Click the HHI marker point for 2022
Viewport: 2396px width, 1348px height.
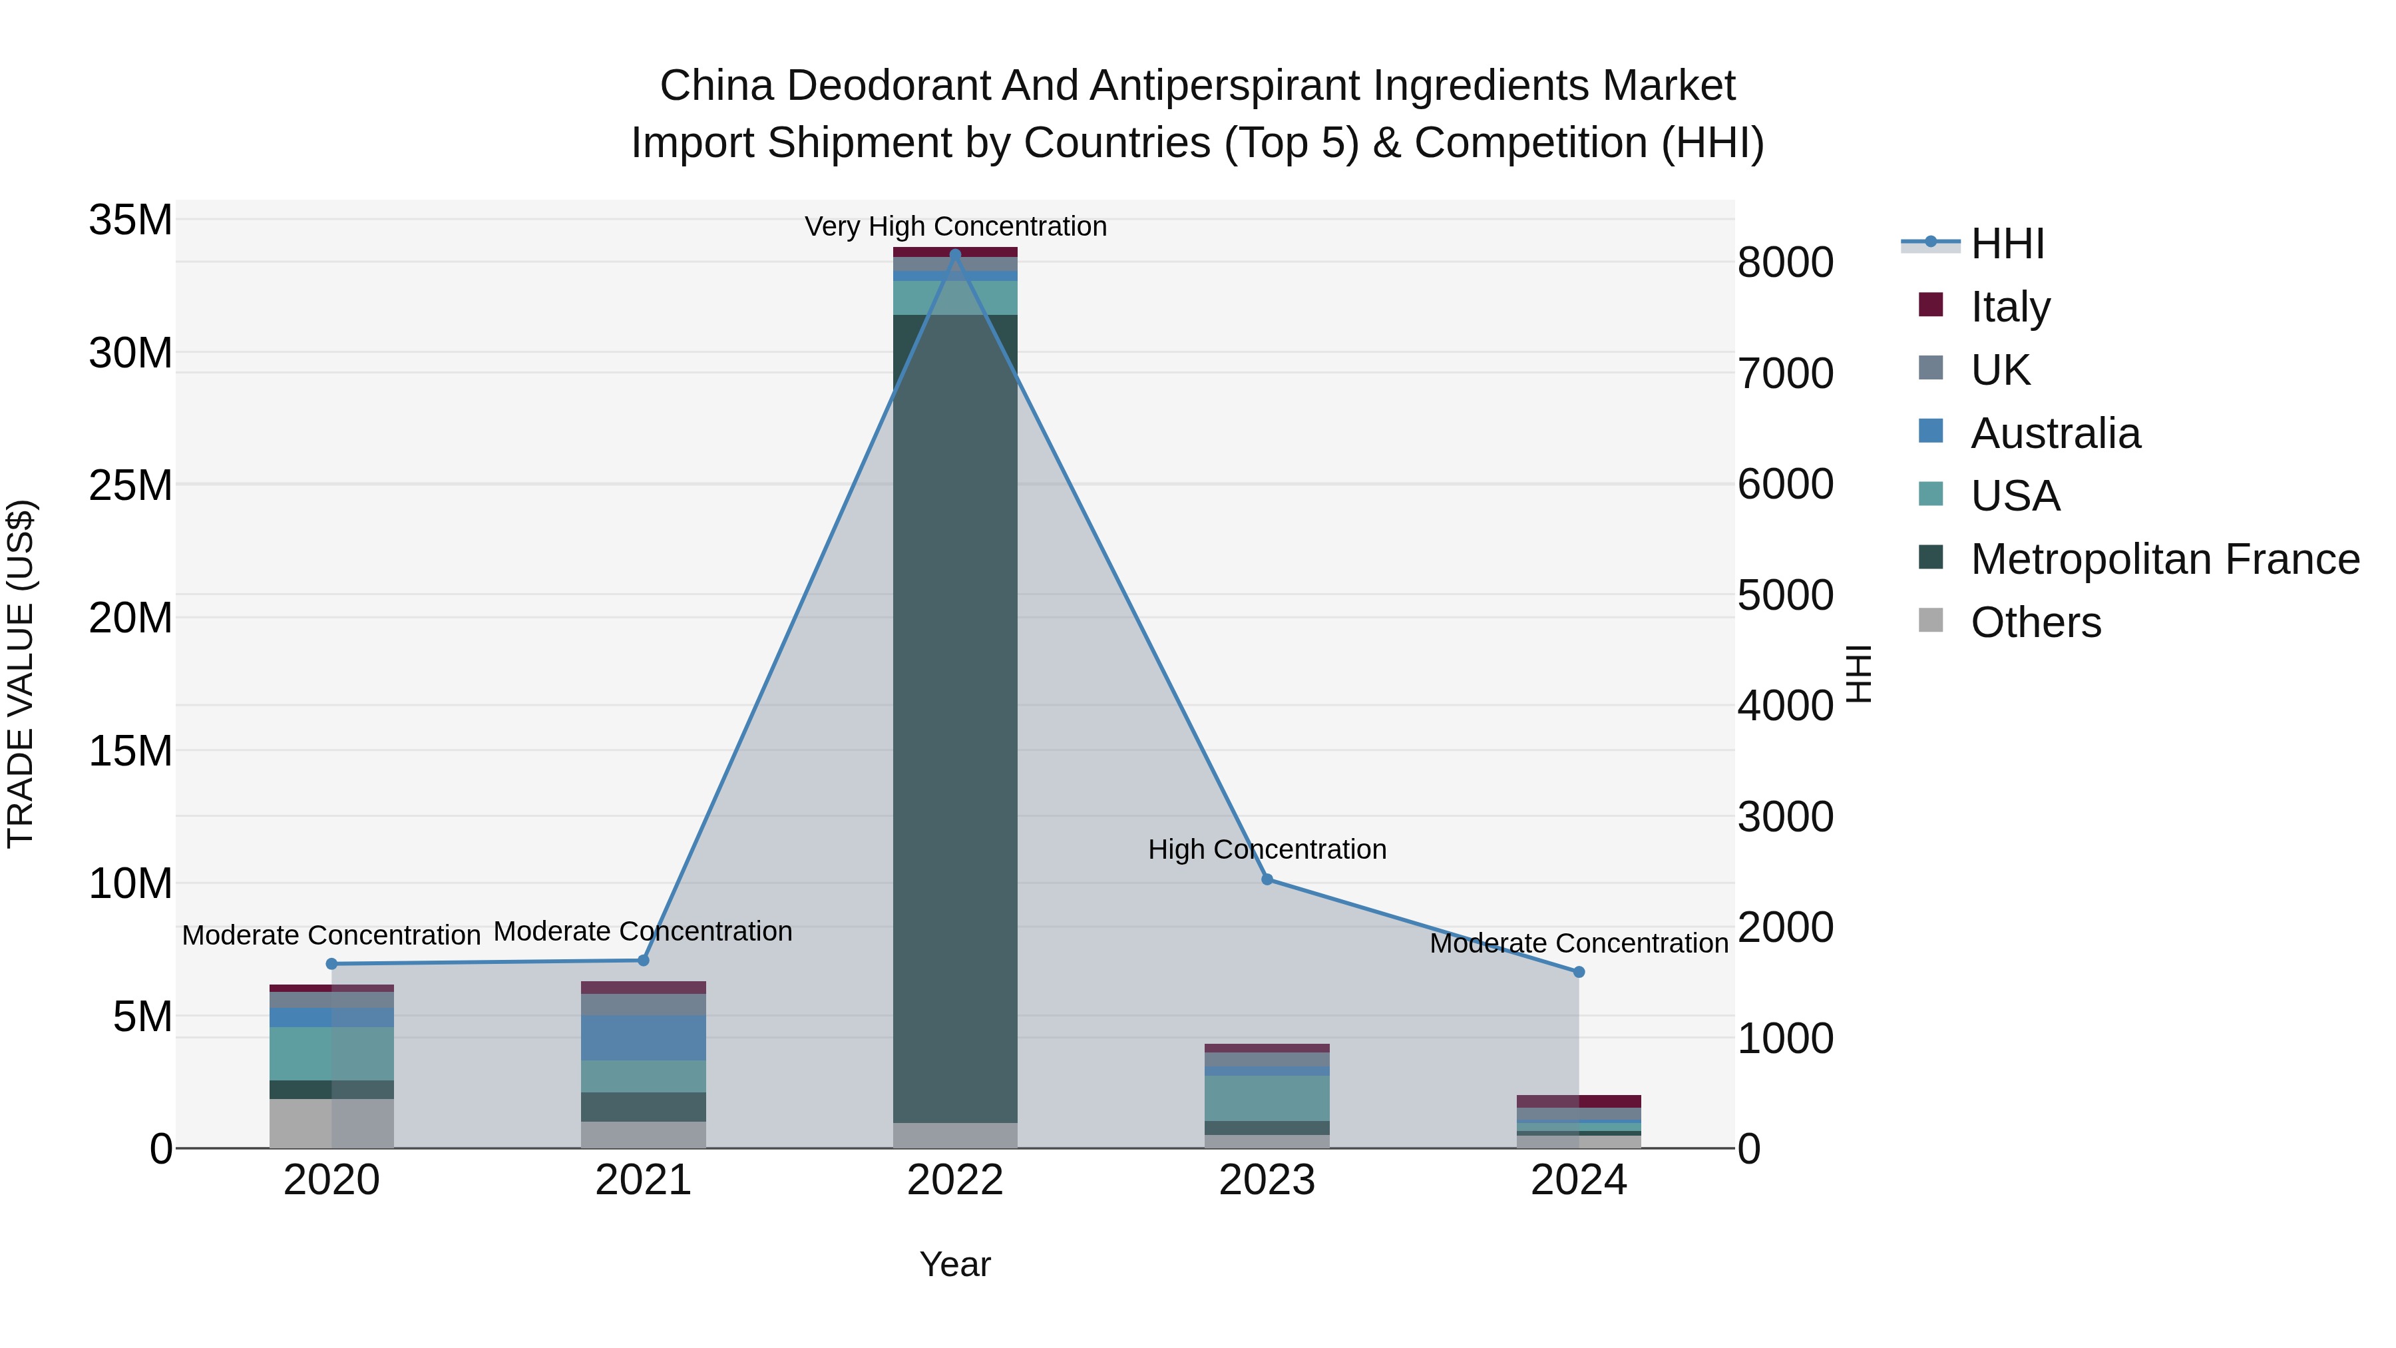[955, 254]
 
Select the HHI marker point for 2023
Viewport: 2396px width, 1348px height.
[1267, 879]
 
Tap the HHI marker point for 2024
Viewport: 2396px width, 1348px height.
[1579, 972]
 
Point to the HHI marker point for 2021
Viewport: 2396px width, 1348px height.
[644, 960]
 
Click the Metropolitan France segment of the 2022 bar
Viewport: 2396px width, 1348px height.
[955, 716]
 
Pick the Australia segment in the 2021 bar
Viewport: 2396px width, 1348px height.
[644, 1037]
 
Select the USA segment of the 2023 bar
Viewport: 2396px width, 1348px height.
[1267, 1098]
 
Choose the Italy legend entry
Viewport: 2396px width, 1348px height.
[2009, 306]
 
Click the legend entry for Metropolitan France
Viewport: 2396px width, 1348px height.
[2164, 559]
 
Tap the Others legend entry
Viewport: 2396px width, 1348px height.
[2035, 622]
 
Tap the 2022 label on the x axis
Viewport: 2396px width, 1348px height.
[955, 1180]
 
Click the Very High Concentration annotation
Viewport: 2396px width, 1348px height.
[955, 226]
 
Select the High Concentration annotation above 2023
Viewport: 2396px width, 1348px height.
[1267, 849]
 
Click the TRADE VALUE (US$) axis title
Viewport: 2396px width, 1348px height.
[21, 674]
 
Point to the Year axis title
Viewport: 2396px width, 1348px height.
[955, 1264]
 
